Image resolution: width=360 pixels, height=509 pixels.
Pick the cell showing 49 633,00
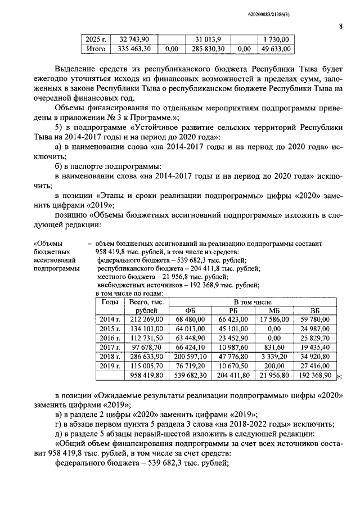pos(276,49)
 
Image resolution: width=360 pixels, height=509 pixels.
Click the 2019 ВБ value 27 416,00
pos(315,366)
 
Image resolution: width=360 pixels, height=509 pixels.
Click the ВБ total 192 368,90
pos(315,375)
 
